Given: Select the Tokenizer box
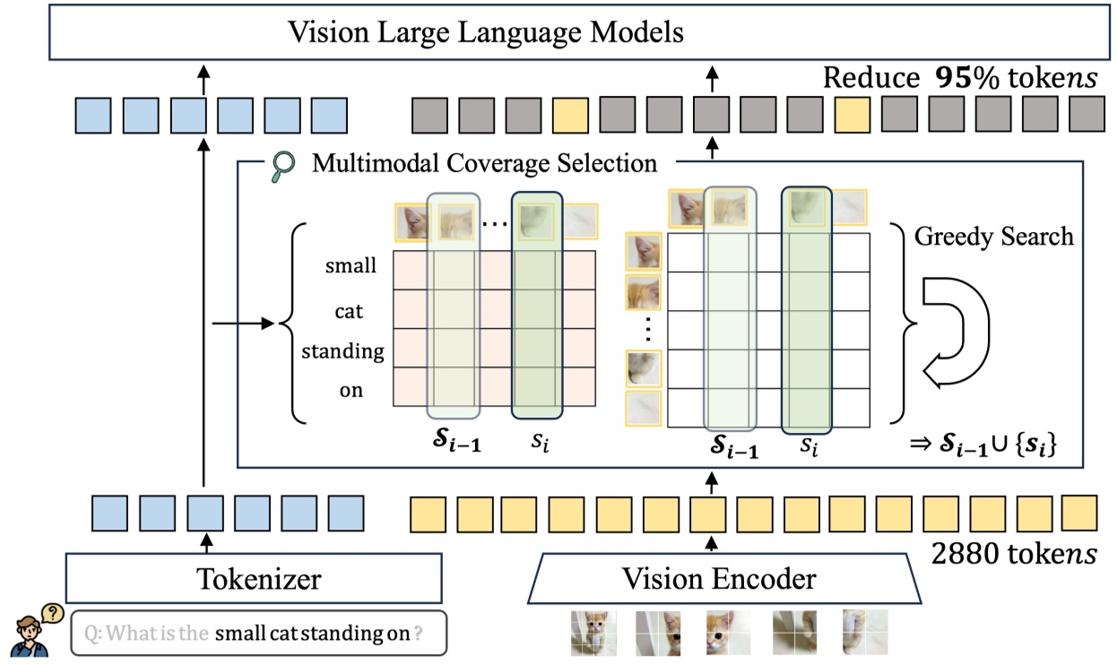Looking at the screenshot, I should point(254,578).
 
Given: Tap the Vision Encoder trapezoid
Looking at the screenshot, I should point(720,578).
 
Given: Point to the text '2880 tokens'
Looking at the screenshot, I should point(1013,555).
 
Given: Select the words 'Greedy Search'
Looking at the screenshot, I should point(993,237).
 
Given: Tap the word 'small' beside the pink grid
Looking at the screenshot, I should point(351,266).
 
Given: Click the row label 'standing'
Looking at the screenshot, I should point(342,351).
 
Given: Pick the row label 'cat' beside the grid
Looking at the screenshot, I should point(349,311).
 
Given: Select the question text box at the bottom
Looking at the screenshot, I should point(258,634).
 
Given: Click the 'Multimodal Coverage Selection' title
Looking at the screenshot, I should point(484,164).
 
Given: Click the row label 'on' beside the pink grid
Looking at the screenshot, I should point(351,391).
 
